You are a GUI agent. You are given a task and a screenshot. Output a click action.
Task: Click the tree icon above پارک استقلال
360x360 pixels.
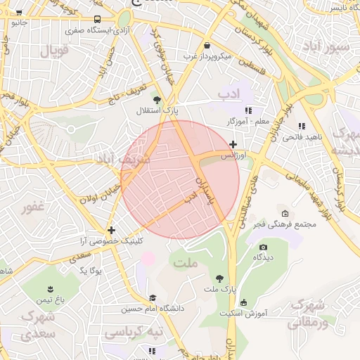coord(156,101)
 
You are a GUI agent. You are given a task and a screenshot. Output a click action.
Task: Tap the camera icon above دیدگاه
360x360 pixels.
coord(263,247)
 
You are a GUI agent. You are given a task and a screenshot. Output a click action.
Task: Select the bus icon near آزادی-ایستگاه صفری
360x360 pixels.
coord(96,20)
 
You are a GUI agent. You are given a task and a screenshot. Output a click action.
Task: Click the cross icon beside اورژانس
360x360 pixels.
coord(233,144)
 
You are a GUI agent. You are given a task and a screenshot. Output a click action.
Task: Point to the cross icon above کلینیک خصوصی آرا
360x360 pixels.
coord(111,230)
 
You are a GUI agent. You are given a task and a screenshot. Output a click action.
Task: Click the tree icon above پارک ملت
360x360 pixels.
coord(221,278)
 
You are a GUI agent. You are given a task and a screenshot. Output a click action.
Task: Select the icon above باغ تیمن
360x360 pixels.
coord(51,289)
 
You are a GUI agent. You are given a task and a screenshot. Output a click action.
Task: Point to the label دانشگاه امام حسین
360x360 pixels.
coord(152,308)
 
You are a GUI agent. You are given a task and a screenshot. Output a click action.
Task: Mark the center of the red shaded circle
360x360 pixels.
coord(180,179)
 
